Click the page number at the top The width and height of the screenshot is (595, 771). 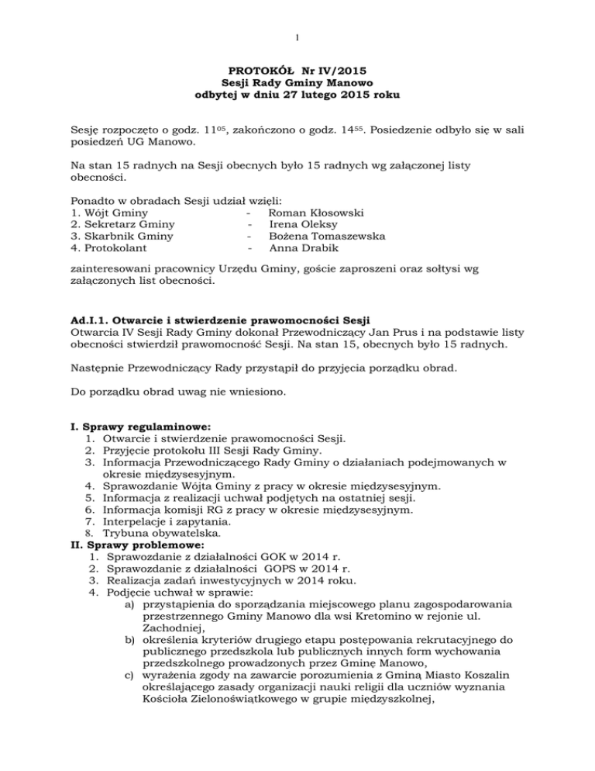297,36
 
